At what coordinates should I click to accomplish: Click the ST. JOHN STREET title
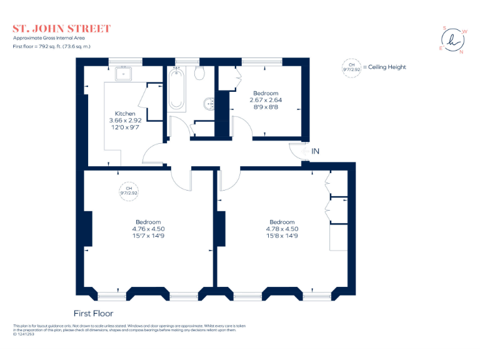click(62, 29)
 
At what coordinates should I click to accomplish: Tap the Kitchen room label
click(125, 113)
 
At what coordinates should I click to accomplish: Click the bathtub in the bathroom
click(176, 90)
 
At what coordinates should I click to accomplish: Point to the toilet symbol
click(200, 74)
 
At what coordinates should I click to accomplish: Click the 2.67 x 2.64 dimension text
click(266, 99)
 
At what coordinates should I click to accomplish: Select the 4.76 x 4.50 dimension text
click(148, 229)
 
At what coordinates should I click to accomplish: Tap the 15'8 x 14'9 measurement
click(282, 236)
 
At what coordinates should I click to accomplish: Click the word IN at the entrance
click(316, 151)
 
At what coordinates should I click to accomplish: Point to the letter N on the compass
click(461, 52)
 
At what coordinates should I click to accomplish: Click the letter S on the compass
click(444, 28)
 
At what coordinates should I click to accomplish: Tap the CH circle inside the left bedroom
click(128, 191)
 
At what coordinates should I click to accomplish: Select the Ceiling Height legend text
click(387, 67)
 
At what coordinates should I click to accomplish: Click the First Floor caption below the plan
click(93, 313)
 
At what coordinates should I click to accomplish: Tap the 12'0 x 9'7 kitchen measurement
click(125, 127)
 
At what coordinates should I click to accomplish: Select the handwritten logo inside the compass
click(453, 39)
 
